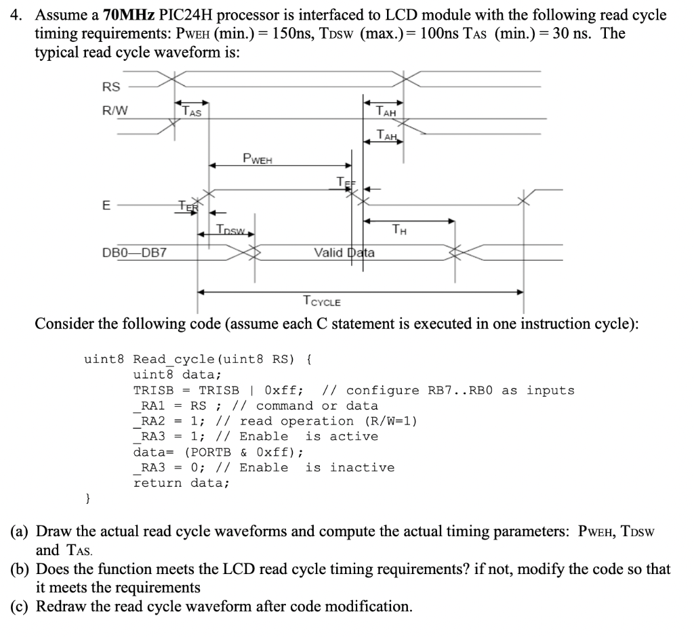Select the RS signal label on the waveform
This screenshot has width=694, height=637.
[x=110, y=87]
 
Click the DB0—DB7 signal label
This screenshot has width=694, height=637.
[x=135, y=253]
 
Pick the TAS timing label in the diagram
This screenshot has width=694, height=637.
[x=192, y=112]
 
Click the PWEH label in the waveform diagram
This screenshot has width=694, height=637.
[x=257, y=159]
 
